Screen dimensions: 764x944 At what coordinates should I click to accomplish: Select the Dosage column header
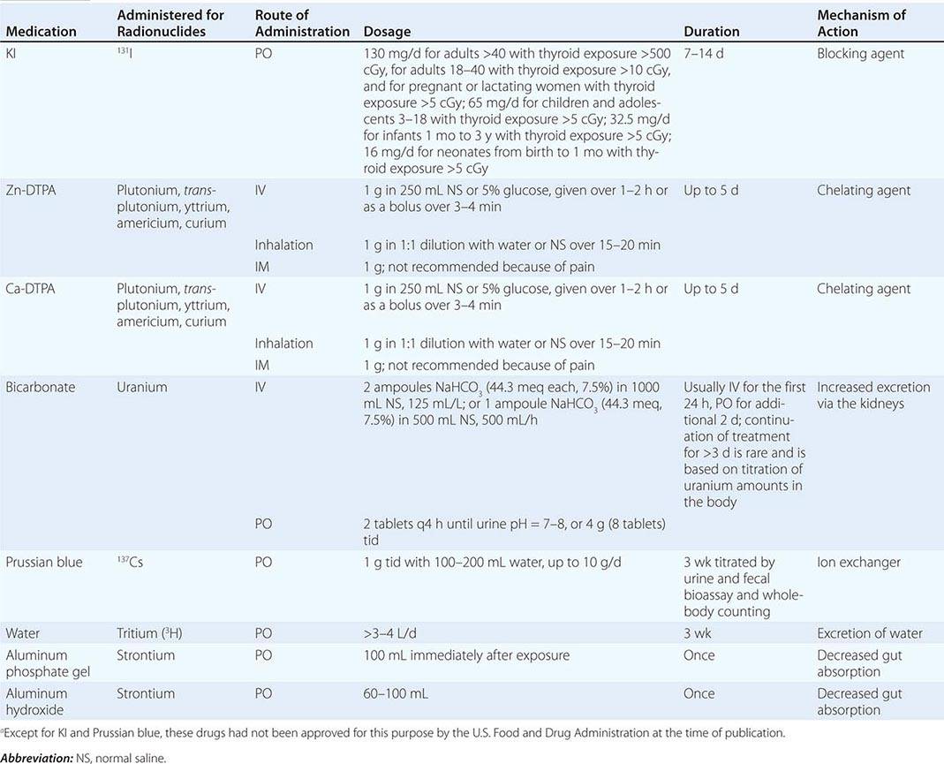click(387, 31)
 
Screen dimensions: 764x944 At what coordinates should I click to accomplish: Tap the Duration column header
click(712, 31)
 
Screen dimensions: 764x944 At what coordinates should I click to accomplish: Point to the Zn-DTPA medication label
click(34, 190)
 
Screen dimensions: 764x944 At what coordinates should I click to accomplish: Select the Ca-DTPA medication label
click(34, 289)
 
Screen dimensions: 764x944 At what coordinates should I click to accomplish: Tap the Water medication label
click(23, 633)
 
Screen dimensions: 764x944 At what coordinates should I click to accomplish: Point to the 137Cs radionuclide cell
click(130, 563)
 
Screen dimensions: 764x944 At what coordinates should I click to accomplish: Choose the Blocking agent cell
click(861, 53)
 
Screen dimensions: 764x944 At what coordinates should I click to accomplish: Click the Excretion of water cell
click(870, 633)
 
